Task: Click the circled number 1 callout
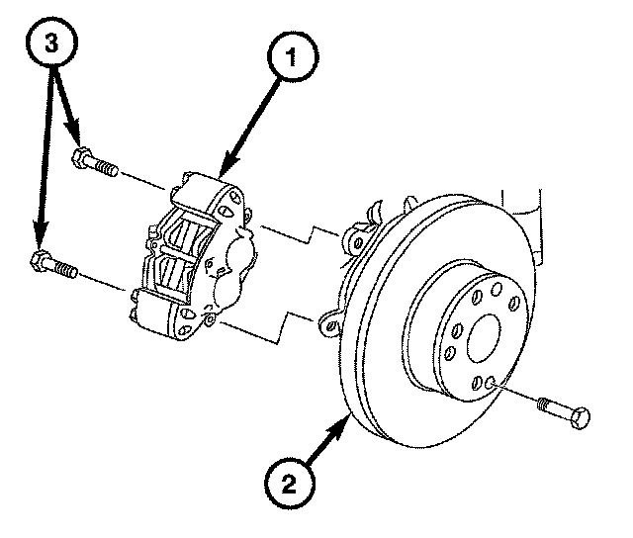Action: point(292,58)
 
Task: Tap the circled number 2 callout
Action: point(289,483)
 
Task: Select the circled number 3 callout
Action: point(51,43)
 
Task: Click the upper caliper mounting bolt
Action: point(95,162)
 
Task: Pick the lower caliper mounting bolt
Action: point(54,265)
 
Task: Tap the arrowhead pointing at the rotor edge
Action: point(338,428)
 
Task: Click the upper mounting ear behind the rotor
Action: point(355,241)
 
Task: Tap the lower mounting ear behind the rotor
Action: point(330,323)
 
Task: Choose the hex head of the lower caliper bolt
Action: point(39,260)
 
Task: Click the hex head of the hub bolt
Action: point(581,418)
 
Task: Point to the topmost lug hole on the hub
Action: point(497,289)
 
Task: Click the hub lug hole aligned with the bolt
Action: point(490,381)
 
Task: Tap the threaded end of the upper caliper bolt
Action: point(108,167)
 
